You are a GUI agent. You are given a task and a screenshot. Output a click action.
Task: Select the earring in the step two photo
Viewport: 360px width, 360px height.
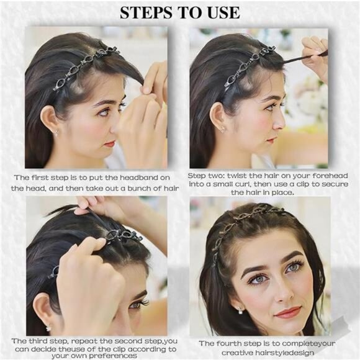(x=223, y=128)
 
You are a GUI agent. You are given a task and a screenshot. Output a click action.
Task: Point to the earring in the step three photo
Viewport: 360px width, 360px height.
(x=48, y=328)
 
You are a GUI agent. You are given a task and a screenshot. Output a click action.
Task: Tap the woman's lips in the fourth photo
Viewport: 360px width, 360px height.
(x=288, y=312)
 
